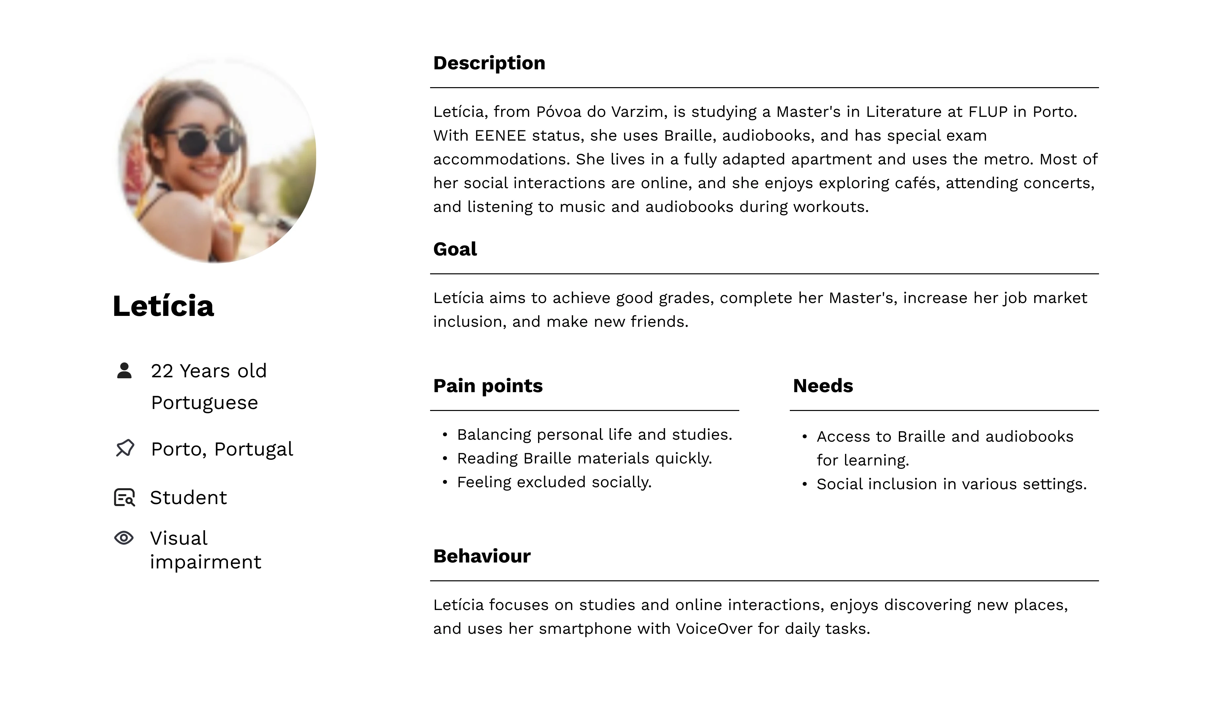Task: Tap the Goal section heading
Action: click(x=455, y=249)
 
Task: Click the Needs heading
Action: click(x=823, y=386)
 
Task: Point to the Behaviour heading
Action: click(x=482, y=556)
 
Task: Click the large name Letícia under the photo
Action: click(x=163, y=306)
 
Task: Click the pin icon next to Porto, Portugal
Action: click(x=125, y=448)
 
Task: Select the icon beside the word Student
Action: click(x=124, y=497)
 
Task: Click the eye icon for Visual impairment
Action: click(x=124, y=538)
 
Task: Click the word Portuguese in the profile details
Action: click(x=204, y=403)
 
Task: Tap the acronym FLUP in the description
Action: click(x=988, y=112)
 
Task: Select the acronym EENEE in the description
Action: click(x=500, y=136)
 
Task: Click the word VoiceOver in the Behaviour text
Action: click(x=714, y=629)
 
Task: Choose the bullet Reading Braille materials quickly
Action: click(x=584, y=459)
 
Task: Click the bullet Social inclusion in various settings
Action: click(x=951, y=484)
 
